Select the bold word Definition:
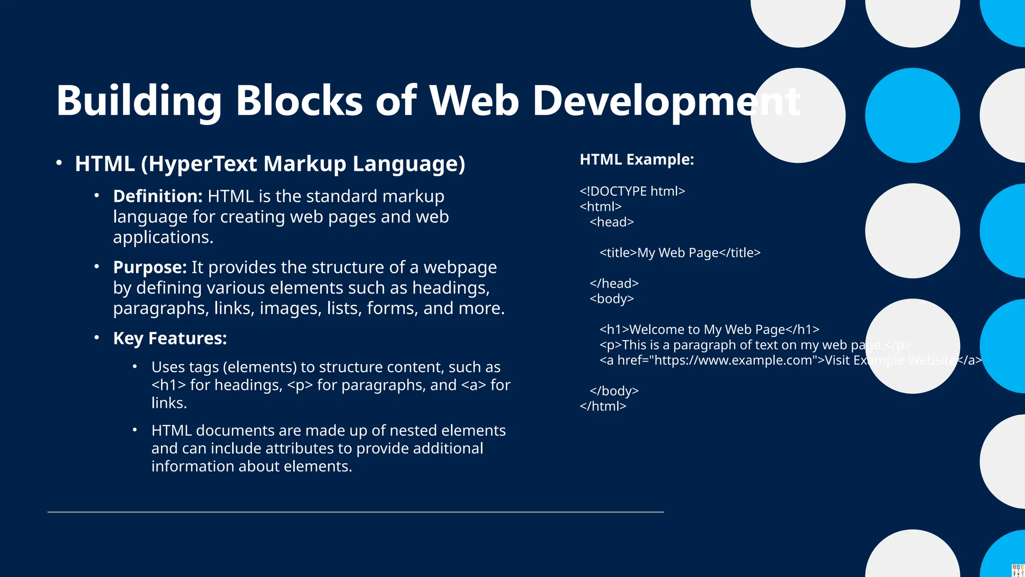click(158, 196)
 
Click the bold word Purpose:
click(150, 267)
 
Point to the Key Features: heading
click(170, 339)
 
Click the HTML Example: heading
click(637, 160)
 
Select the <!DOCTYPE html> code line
click(632, 191)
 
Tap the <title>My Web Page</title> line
click(680, 253)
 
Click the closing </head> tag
click(614, 283)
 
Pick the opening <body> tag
click(612, 299)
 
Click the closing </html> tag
click(603, 406)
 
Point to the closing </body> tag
click(614, 391)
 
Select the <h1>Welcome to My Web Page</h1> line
click(709, 330)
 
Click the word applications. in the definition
click(163, 237)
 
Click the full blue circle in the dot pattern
click(912, 116)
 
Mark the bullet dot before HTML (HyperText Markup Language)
click(59, 163)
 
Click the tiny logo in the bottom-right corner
click(1018, 570)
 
